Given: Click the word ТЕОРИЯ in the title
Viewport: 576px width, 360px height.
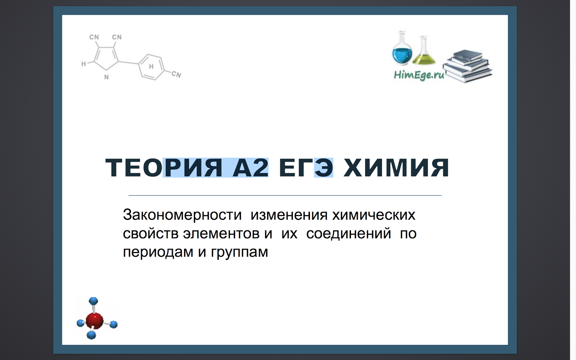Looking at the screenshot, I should click(164, 168).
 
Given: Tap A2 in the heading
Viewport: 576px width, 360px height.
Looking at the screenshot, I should click(251, 168).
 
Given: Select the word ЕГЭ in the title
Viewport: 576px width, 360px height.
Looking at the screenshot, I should click(306, 168).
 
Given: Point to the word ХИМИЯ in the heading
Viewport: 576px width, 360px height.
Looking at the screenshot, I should click(396, 168).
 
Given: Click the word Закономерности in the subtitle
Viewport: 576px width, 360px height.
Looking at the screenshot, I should click(182, 215).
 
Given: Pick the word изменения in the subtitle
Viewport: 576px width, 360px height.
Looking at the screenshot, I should click(289, 215).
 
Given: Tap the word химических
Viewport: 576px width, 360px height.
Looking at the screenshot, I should click(374, 215).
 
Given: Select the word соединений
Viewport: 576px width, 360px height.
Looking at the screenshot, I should click(348, 234).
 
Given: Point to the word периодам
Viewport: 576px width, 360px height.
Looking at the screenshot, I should click(158, 252).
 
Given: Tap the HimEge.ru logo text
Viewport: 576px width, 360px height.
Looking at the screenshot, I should click(419, 75).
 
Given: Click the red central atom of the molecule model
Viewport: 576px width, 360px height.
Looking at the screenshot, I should click(95, 320).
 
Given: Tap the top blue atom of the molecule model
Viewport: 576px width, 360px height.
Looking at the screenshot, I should click(94, 301).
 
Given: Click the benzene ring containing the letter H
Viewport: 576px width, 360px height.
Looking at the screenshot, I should click(152, 67).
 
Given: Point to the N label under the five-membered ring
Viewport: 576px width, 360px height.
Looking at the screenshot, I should click(106, 77).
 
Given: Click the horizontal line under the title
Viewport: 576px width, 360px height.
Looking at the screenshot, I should click(285, 195).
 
